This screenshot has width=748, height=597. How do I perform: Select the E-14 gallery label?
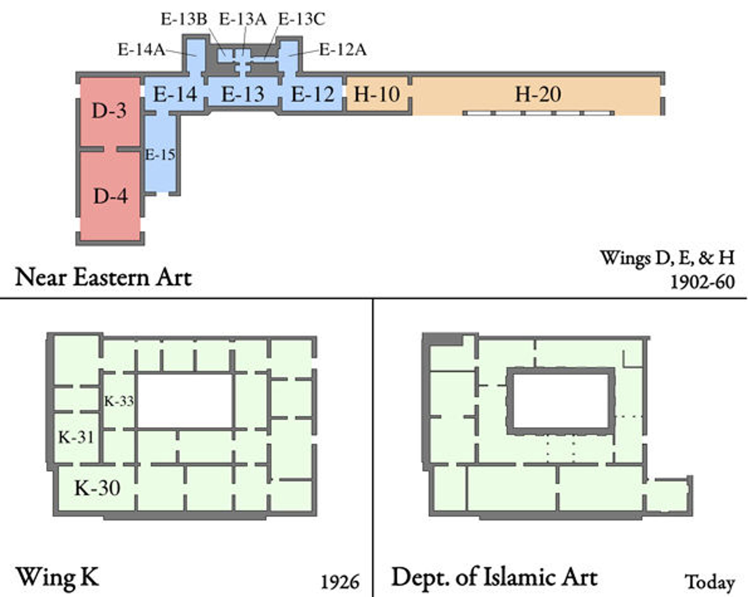(175, 94)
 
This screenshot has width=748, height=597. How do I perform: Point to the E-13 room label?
(243, 94)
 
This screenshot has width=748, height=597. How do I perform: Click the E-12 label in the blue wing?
(313, 94)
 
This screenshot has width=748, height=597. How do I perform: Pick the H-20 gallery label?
(538, 94)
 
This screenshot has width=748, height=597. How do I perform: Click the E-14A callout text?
(142, 50)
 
